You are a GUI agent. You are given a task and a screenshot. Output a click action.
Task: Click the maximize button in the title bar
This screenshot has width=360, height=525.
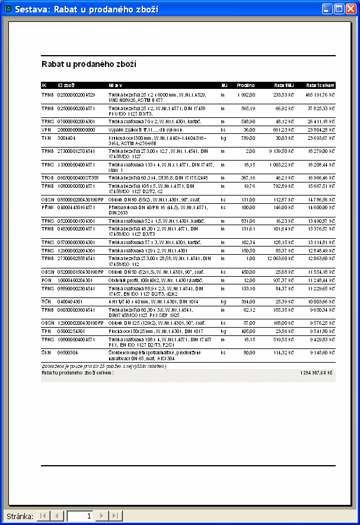tap(339, 9)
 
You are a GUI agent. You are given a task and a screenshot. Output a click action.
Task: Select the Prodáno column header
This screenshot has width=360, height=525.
tap(246, 85)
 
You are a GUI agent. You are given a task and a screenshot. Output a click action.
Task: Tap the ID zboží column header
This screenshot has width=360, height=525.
tap(66, 85)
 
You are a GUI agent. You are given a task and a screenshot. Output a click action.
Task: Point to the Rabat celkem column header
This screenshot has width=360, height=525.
tap(320, 85)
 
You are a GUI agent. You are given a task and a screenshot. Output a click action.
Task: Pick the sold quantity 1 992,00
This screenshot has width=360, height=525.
tap(246, 95)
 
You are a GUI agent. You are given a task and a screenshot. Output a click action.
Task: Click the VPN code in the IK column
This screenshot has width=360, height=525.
tap(46, 129)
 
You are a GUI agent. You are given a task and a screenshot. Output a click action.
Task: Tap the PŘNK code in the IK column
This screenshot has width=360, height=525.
tap(47, 208)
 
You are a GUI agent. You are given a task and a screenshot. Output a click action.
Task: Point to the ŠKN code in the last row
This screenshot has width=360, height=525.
tap(47, 352)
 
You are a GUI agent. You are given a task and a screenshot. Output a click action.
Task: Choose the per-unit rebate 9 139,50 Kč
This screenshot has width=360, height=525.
tap(279, 151)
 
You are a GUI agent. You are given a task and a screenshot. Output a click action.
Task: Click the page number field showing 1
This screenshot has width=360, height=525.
tap(80, 516)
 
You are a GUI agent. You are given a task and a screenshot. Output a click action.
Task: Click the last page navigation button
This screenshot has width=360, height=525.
tap(116, 516)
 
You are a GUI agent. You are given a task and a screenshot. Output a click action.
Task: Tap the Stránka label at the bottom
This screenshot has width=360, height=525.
tap(19, 516)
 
